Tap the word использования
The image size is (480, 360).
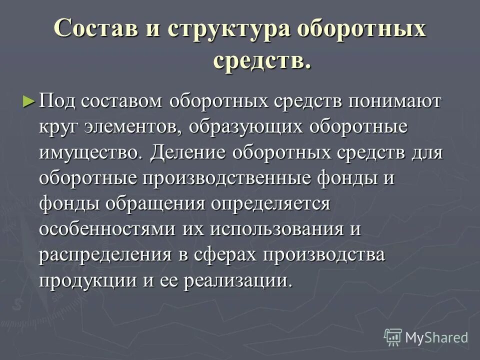coord(278,229)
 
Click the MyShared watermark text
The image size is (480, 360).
coord(436,337)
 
